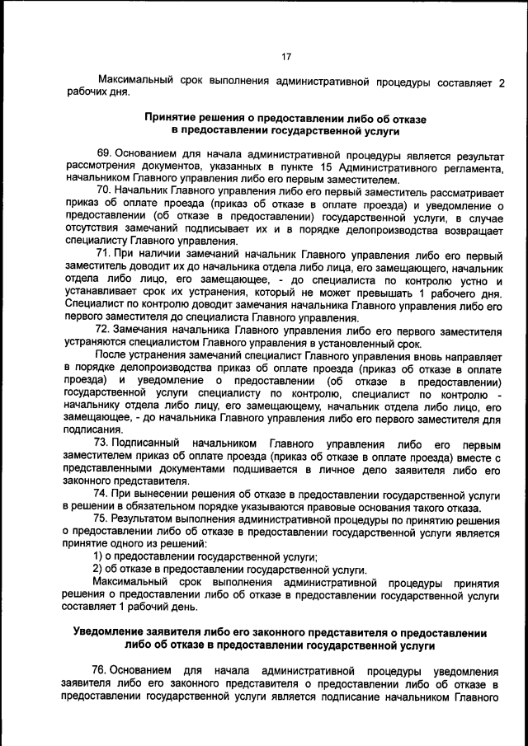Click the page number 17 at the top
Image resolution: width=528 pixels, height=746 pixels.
click(x=285, y=57)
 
